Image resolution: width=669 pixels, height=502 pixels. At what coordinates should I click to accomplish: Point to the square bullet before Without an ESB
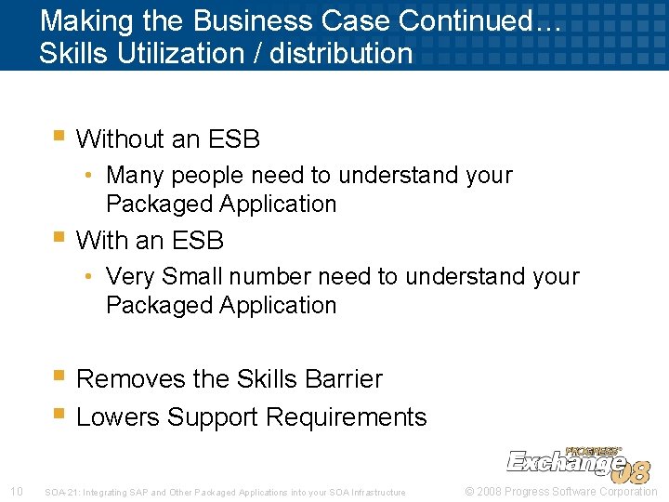coord(59,138)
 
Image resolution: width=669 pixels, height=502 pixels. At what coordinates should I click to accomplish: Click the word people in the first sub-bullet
coord(203,175)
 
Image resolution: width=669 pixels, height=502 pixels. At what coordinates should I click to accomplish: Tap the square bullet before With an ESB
coord(59,239)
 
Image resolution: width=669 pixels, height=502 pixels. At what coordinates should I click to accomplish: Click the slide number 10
coord(16,492)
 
